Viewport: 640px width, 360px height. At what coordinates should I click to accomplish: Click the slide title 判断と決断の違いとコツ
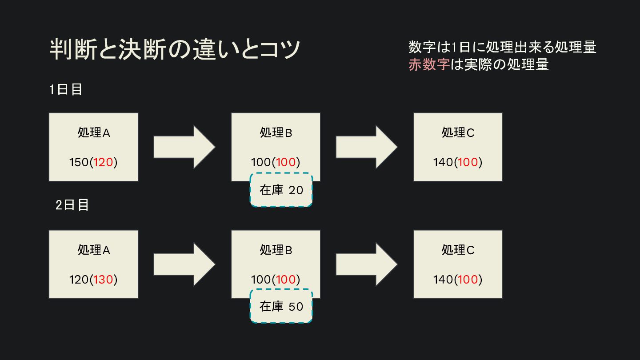point(175,49)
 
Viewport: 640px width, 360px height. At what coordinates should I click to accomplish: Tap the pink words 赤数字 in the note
point(429,64)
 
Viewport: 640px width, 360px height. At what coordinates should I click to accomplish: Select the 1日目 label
point(66,89)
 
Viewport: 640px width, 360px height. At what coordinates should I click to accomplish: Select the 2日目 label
point(72,205)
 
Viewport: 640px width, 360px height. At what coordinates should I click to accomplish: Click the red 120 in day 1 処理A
point(103,162)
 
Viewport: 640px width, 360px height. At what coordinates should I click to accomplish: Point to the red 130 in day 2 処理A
point(103,280)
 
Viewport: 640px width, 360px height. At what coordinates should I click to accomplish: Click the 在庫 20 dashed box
point(281,190)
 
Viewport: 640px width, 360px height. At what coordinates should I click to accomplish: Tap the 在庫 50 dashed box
point(281,306)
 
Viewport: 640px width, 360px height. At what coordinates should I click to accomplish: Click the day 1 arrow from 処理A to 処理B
point(184,147)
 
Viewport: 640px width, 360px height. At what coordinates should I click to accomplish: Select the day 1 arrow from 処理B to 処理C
point(367,147)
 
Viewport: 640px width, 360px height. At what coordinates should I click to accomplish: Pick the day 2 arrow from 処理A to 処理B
point(184,264)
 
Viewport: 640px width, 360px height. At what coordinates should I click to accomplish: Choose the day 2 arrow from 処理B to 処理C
point(367,264)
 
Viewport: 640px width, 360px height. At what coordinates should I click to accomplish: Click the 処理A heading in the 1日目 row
point(94,132)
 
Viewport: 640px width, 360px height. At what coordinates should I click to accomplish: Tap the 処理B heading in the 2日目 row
point(276,250)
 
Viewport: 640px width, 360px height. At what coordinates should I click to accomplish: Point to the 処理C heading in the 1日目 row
point(458,132)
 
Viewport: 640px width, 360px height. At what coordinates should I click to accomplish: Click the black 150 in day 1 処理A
point(79,162)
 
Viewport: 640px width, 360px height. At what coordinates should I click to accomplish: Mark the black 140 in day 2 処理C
point(443,280)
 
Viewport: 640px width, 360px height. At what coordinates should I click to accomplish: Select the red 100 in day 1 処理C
point(468,162)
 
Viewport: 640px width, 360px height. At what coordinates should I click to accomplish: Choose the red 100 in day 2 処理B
point(286,280)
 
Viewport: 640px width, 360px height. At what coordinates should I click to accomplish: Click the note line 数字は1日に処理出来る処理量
point(502,47)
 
